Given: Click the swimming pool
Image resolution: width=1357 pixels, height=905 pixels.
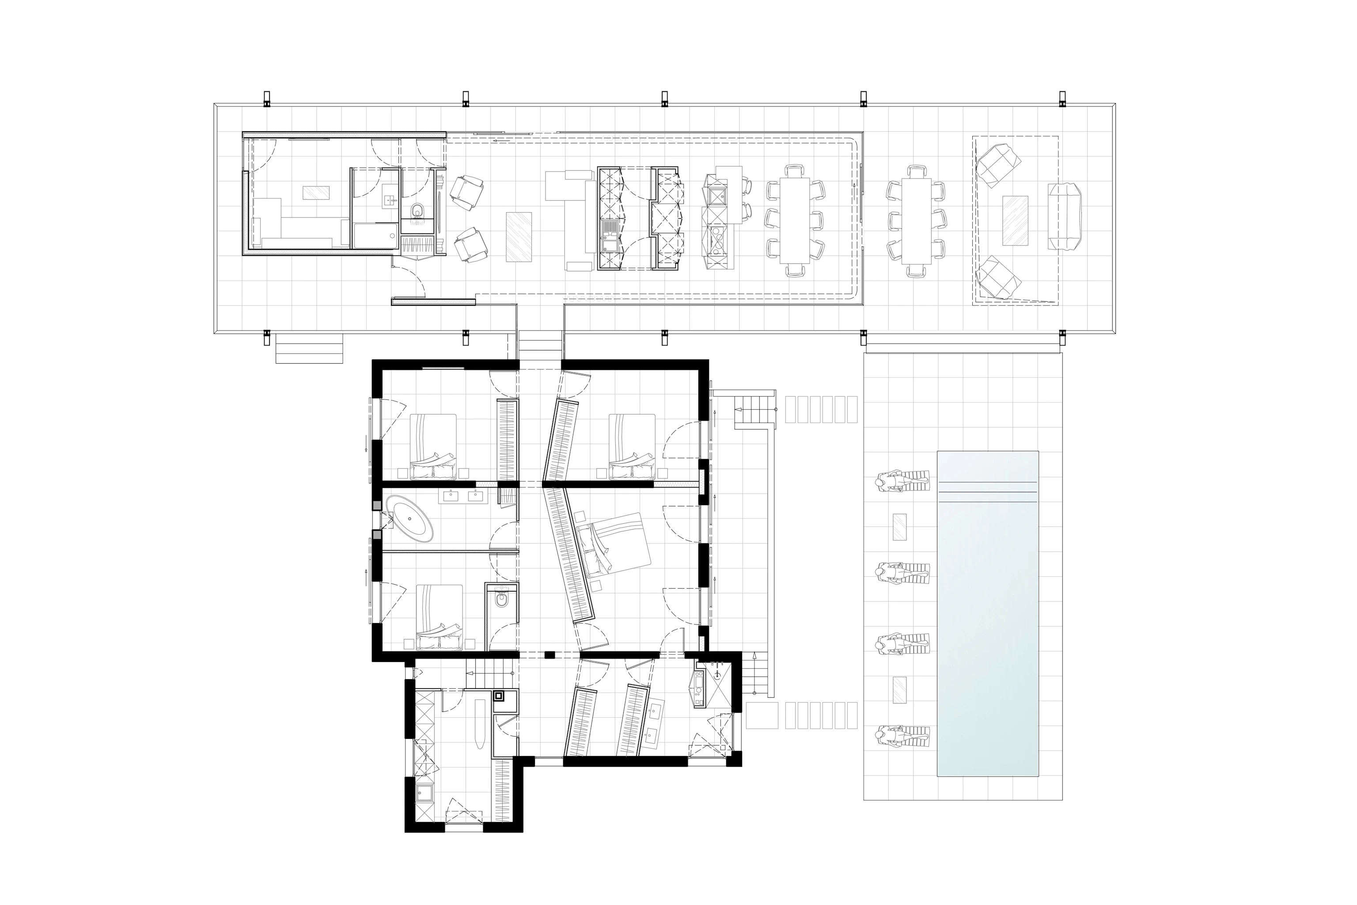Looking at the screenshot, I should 987,613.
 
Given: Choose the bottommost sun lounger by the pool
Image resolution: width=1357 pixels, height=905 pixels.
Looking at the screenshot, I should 903,738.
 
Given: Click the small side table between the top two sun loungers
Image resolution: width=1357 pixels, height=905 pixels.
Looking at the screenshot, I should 899,527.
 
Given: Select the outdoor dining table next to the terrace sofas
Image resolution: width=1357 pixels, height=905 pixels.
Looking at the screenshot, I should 916,221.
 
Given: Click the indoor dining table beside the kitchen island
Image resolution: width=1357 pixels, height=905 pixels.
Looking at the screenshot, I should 795,221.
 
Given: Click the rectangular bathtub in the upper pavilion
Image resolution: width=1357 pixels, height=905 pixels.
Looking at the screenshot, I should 375,236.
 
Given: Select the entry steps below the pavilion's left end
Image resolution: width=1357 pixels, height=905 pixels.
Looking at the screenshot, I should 309,349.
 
